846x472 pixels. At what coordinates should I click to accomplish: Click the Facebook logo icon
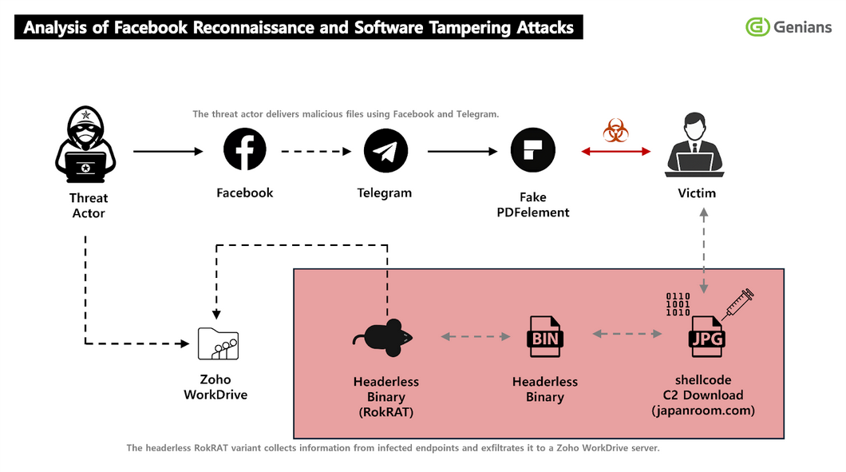245,149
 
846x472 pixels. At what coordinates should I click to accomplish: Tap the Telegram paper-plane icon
385,151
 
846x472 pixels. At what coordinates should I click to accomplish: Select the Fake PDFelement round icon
533,150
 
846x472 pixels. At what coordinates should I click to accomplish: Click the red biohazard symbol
615,130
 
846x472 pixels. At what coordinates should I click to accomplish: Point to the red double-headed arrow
615,152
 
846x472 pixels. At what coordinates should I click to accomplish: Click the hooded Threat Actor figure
85,145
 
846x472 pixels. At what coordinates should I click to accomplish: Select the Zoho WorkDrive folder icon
218,343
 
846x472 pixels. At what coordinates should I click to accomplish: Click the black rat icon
383,338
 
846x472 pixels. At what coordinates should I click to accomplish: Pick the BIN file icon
545,337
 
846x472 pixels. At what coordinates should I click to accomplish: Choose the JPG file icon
707,337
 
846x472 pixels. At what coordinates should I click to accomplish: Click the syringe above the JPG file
737,304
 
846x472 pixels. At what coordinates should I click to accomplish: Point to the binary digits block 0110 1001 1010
678,304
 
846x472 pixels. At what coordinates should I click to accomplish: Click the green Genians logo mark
757,26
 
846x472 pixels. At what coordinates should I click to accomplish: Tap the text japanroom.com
703,411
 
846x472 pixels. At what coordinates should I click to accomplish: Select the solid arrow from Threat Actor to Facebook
168,152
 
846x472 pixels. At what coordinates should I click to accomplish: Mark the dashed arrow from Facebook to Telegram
316,152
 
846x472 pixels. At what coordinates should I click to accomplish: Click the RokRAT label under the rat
386,412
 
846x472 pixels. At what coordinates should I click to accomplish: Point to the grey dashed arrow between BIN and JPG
627,334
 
